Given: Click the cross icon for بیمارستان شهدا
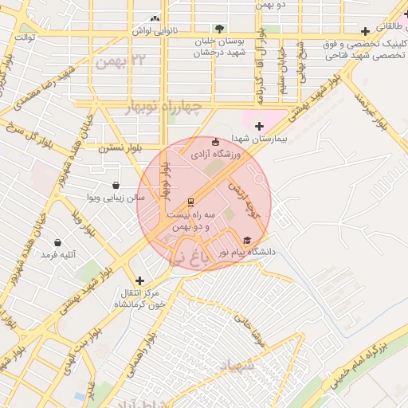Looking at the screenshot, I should coord(259,125).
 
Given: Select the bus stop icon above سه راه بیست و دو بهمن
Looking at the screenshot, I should coord(190,202).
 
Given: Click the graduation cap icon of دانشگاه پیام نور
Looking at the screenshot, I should coord(247,240).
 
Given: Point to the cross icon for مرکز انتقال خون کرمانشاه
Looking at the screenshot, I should coord(140,280).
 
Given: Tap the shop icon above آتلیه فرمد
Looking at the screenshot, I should coord(57,242).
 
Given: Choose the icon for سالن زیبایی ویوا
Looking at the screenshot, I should coord(116,185).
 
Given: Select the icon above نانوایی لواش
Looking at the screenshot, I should coord(155,18).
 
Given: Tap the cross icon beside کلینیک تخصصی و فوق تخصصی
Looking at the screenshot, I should coord(365,32).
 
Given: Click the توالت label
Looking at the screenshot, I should coord(25,37).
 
